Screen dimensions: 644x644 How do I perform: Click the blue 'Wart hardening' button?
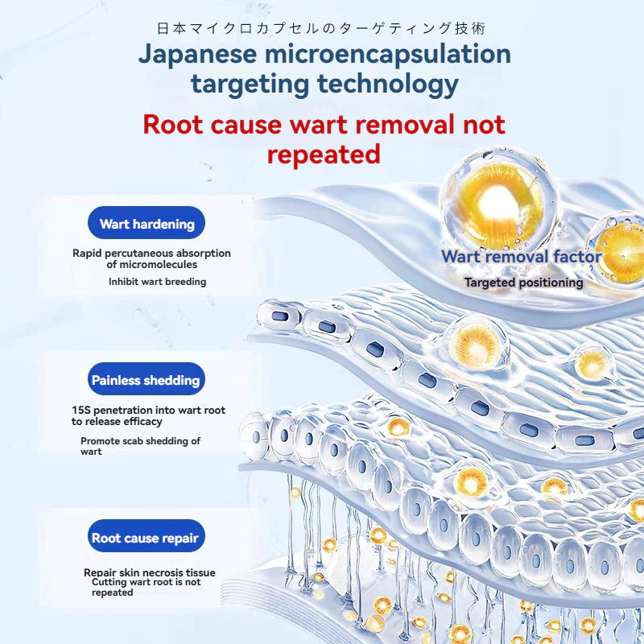[147, 224]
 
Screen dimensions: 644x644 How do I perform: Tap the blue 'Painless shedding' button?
[146, 380]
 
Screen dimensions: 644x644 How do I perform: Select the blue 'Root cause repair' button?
[145, 538]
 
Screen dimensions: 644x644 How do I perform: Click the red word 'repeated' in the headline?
[324, 154]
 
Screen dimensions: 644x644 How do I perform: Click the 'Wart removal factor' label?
[521, 258]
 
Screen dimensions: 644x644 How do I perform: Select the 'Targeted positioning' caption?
[523, 283]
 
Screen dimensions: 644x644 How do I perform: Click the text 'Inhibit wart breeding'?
[157, 282]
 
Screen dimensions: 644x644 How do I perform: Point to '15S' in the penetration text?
[80, 411]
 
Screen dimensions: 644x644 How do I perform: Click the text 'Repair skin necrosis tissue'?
[150, 573]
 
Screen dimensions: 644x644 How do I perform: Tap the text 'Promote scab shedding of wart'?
[140, 446]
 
